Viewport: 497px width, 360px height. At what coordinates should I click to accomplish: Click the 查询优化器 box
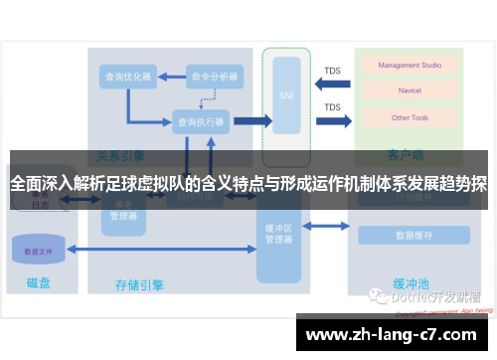coord(128,76)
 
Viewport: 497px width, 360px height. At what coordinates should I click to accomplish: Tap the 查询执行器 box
coord(201,121)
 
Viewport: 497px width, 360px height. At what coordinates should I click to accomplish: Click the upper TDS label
coord(332,71)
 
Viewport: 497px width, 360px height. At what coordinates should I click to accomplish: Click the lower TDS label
coord(332,107)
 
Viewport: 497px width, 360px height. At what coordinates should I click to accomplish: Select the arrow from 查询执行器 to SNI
coord(251,121)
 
